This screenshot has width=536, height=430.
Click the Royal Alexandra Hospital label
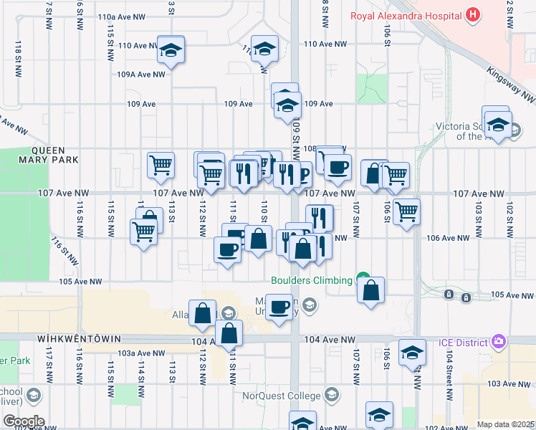point(405,14)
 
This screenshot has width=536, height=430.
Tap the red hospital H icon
point(472,14)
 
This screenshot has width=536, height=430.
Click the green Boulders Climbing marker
point(363,279)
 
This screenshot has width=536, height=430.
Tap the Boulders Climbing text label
point(312,280)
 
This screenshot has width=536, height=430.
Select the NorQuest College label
point(289,395)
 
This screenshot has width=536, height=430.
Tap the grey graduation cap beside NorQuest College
point(331,394)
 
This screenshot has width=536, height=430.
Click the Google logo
point(23,421)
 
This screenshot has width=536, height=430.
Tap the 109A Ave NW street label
point(141,74)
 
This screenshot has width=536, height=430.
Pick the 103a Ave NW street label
point(142,353)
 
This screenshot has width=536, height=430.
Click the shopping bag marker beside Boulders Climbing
point(370,291)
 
